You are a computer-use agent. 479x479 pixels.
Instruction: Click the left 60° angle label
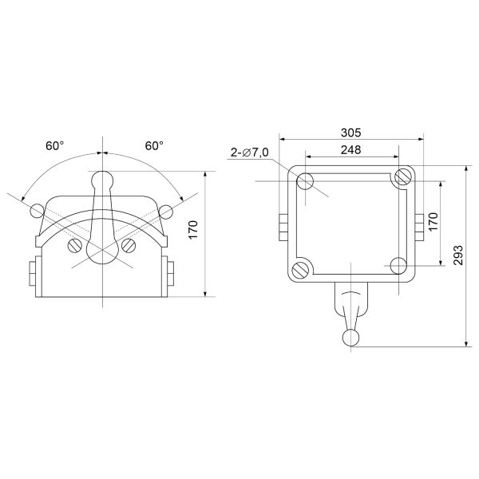55,146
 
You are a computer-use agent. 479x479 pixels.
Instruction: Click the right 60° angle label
154,146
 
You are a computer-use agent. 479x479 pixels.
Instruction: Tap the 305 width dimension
351,133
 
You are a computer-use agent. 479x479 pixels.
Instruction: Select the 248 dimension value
351,150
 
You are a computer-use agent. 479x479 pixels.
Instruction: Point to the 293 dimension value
458,255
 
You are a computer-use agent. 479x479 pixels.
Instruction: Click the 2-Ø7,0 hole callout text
250,152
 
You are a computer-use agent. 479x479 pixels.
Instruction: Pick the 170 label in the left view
193,230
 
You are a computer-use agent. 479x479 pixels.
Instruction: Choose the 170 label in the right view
433,221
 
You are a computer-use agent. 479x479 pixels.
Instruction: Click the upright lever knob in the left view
103,180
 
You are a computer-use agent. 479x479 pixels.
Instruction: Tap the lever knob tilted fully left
38,211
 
